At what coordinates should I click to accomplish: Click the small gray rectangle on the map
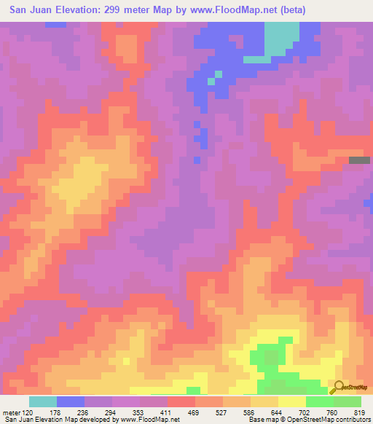(x=359, y=160)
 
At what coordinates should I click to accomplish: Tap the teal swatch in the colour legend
(x=43, y=401)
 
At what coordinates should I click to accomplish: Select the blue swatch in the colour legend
(x=71, y=401)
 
